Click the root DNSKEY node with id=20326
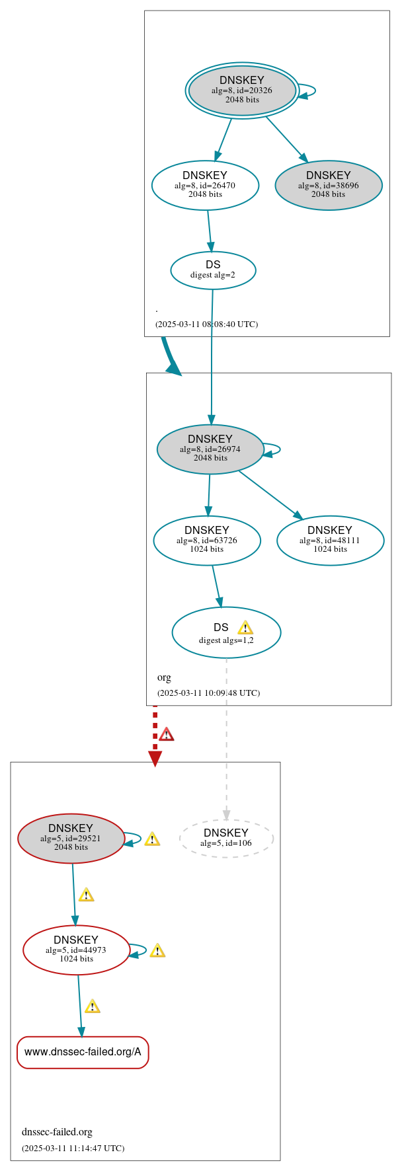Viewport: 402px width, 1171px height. (x=241, y=90)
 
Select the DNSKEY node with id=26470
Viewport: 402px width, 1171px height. (x=205, y=185)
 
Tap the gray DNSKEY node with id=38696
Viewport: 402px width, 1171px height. (x=328, y=185)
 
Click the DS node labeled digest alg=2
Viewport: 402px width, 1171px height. (x=213, y=270)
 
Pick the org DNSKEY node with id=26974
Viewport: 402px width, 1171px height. (x=210, y=449)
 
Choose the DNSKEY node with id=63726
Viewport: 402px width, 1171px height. (x=206, y=540)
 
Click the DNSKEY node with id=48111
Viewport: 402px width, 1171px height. (x=330, y=540)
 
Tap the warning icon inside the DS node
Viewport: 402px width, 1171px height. (x=245, y=627)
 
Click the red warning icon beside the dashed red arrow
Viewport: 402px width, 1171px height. (x=167, y=734)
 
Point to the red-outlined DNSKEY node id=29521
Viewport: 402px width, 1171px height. (x=71, y=838)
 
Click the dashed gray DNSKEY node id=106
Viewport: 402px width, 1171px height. (x=226, y=838)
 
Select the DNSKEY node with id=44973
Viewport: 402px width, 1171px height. (x=76, y=950)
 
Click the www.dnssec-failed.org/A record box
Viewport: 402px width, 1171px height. (x=83, y=1052)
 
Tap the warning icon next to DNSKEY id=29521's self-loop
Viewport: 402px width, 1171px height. (x=152, y=839)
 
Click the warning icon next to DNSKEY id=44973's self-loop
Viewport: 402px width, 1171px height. (x=157, y=950)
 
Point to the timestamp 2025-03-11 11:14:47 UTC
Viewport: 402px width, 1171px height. (x=73, y=1148)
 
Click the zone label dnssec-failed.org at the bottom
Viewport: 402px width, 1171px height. (x=57, y=1131)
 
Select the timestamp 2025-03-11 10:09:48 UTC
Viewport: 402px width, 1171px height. (x=208, y=693)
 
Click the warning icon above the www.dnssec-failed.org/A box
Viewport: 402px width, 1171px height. (x=93, y=1006)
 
